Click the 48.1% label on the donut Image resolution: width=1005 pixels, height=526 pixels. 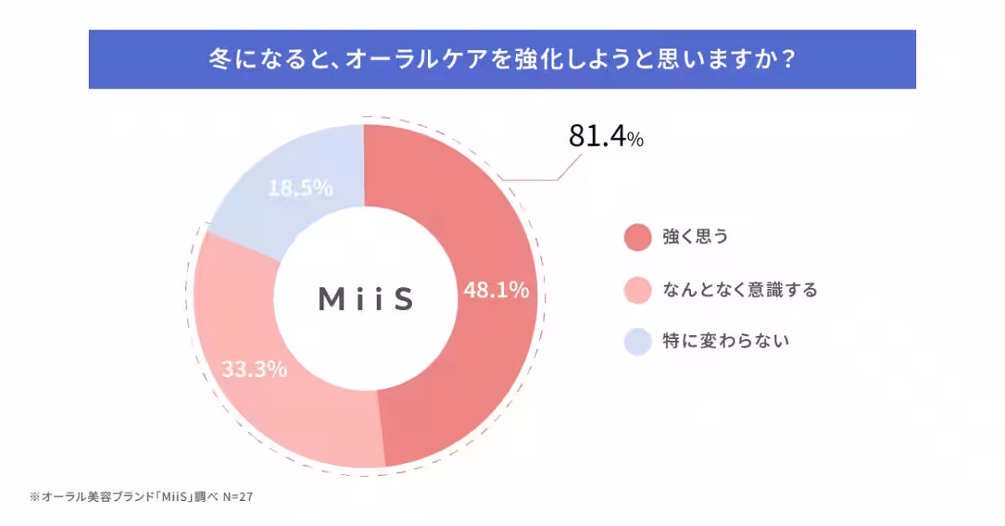(x=496, y=291)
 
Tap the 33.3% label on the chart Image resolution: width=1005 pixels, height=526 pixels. (x=254, y=369)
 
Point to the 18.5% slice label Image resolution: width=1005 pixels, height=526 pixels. (x=301, y=188)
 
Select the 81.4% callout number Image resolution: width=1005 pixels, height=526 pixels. (x=597, y=137)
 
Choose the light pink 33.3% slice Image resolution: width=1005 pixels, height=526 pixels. (x=276, y=410)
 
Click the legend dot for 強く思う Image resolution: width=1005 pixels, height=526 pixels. (x=637, y=237)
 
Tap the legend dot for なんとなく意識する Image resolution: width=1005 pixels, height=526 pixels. (x=637, y=290)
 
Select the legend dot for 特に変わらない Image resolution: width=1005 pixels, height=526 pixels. (x=637, y=342)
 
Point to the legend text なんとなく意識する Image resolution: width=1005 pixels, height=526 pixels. (x=740, y=290)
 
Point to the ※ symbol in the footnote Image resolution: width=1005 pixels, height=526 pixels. (x=34, y=497)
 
